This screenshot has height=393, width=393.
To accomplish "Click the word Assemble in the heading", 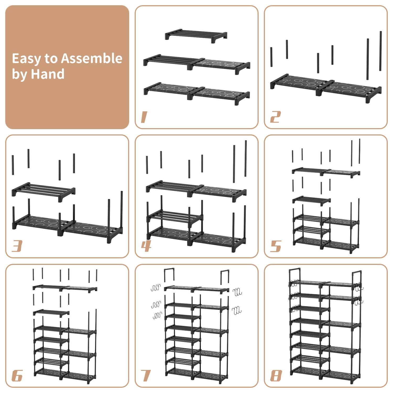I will (x=91, y=58).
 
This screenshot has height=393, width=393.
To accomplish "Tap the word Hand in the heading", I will (x=47, y=74).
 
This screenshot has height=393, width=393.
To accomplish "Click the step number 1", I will (x=144, y=117).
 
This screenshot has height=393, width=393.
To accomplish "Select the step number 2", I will (x=275, y=117).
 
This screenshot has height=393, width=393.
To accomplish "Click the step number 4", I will (x=146, y=246).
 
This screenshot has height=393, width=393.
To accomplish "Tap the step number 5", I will (x=275, y=246).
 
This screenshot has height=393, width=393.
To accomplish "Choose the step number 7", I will (x=146, y=375).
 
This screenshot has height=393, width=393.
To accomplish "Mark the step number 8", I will (x=276, y=375).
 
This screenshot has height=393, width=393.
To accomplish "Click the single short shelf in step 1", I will (x=196, y=35).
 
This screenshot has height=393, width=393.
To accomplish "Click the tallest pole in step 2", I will (x=380, y=51).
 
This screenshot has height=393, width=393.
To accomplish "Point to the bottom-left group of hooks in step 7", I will (x=157, y=315).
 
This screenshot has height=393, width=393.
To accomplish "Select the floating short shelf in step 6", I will (x=51, y=313).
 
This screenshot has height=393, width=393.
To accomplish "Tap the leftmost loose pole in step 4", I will (x=147, y=165).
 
